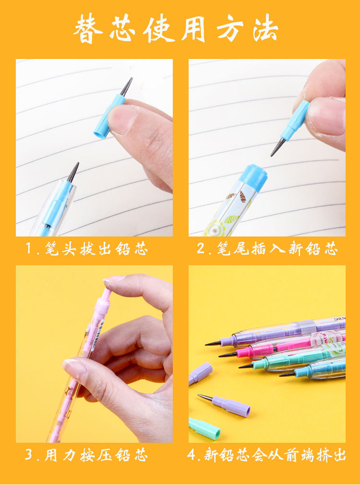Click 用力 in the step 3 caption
(59, 455)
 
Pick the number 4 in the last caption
(193, 455)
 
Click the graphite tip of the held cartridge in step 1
(127, 86)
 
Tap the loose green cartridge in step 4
(204, 428)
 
